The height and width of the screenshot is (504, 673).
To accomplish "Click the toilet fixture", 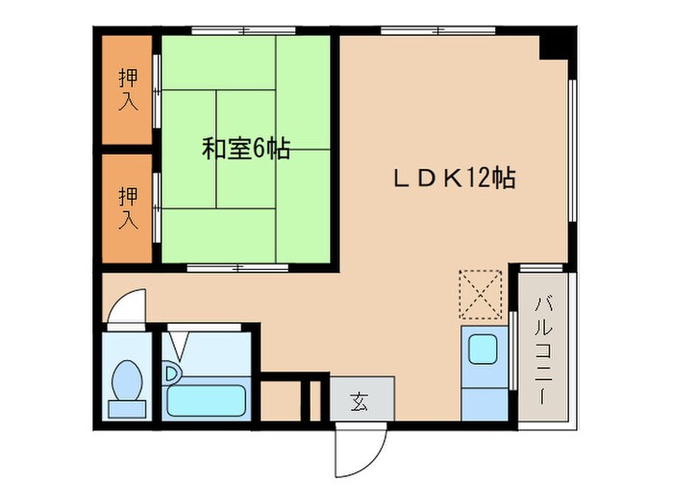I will [127, 385].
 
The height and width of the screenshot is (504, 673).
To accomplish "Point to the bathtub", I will [206, 397].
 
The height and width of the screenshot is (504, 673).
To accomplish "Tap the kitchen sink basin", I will [483, 349].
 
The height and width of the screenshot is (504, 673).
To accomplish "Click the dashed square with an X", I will [481, 293].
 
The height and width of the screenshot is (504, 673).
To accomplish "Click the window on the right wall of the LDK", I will [573, 154].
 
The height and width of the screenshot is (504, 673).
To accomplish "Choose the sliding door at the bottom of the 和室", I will [231, 268].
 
